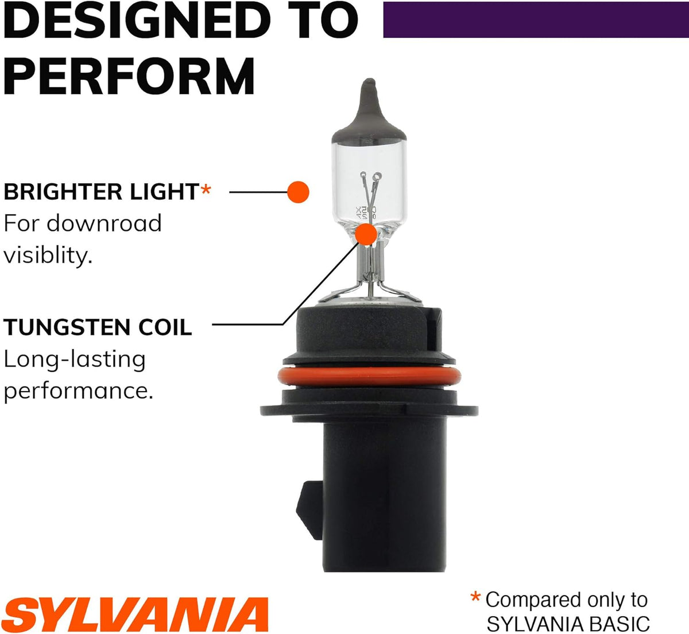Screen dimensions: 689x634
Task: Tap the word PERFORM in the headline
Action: [x=129, y=76]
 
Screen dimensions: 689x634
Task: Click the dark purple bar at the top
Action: [x=536, y=20]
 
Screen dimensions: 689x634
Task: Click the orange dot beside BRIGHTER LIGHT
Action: [x=298, y=192]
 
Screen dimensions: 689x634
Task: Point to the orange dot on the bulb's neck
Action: [x=366, y=234]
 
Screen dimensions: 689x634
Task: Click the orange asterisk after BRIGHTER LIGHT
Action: [x=206, y=190]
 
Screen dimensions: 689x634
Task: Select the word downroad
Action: [x=104, y=223]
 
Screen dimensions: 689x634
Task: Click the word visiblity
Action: [x=48, y=256]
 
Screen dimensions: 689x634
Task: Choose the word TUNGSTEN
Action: [x=67, y=327]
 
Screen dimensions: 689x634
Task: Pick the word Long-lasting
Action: [x=75, y=359]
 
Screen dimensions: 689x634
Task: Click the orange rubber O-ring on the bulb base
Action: [x=369, y=377]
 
